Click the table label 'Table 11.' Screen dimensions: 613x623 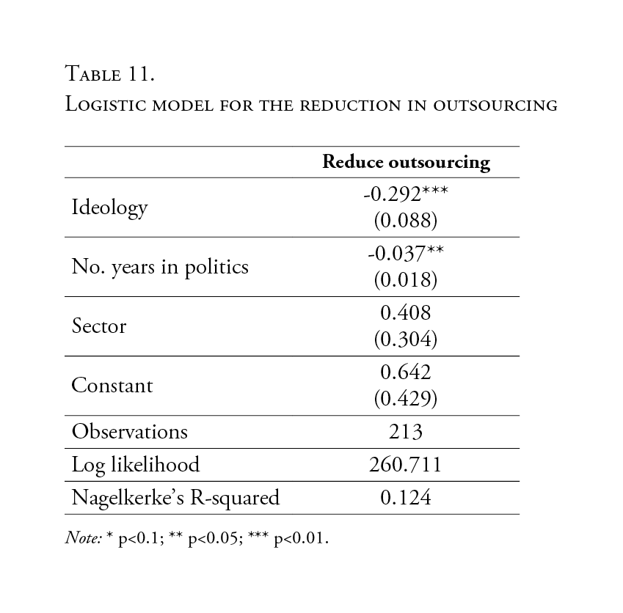pos(110,73)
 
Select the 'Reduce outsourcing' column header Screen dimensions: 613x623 pos(406,162)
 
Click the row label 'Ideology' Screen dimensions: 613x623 pos(109,208)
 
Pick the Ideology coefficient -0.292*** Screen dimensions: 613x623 pos(406,194)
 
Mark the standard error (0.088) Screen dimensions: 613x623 pos(406,220)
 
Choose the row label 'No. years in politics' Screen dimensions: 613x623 pos(160,267)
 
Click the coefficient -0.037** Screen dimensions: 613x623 pos(406,254)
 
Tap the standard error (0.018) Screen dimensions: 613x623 pos(406,279)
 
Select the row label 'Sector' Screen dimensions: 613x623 pos(99,326)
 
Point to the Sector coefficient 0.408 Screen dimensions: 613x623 pos(406,313)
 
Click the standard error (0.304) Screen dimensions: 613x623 pos(406,339)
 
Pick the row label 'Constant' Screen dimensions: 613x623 pos(112,386)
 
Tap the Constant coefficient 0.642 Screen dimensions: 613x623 pos(406,372)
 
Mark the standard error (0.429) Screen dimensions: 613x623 pos(406,398)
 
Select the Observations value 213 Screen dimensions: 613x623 pos(406,432)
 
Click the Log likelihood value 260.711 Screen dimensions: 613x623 pos(406,465)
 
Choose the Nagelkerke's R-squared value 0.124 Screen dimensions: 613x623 pos(406,498)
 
